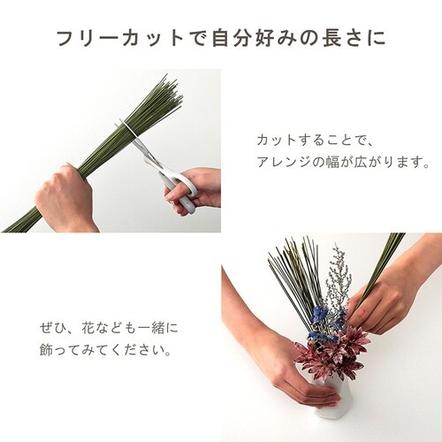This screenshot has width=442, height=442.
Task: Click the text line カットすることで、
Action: point(316,141)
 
